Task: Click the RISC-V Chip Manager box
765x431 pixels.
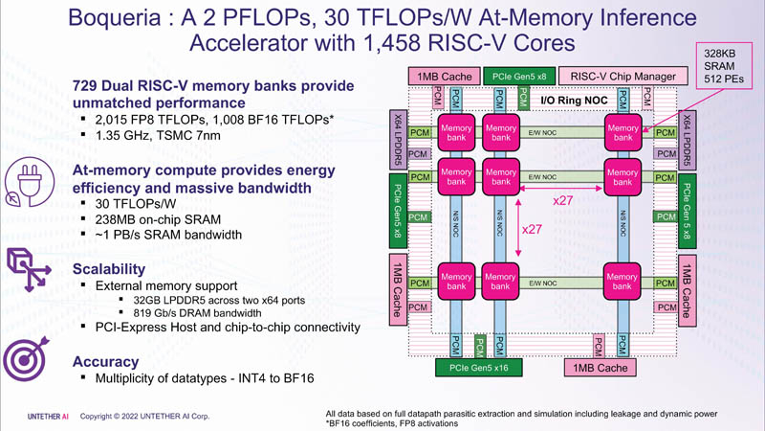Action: coord(623,76)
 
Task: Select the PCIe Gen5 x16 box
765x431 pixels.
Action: coord(479,367)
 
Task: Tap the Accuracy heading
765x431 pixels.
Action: coord(105,362)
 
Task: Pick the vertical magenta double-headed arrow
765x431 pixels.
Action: coord(516,230)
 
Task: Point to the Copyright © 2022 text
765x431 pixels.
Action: coord(143,417)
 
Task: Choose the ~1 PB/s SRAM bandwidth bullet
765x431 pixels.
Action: coord(168,235)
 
